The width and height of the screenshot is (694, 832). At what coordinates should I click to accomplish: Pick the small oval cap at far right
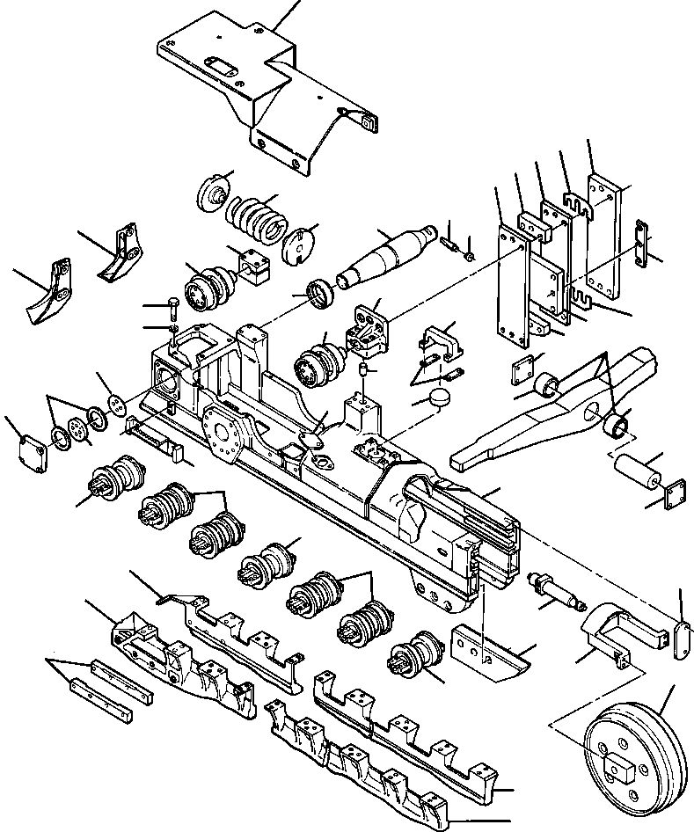(x=680, y=638)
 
